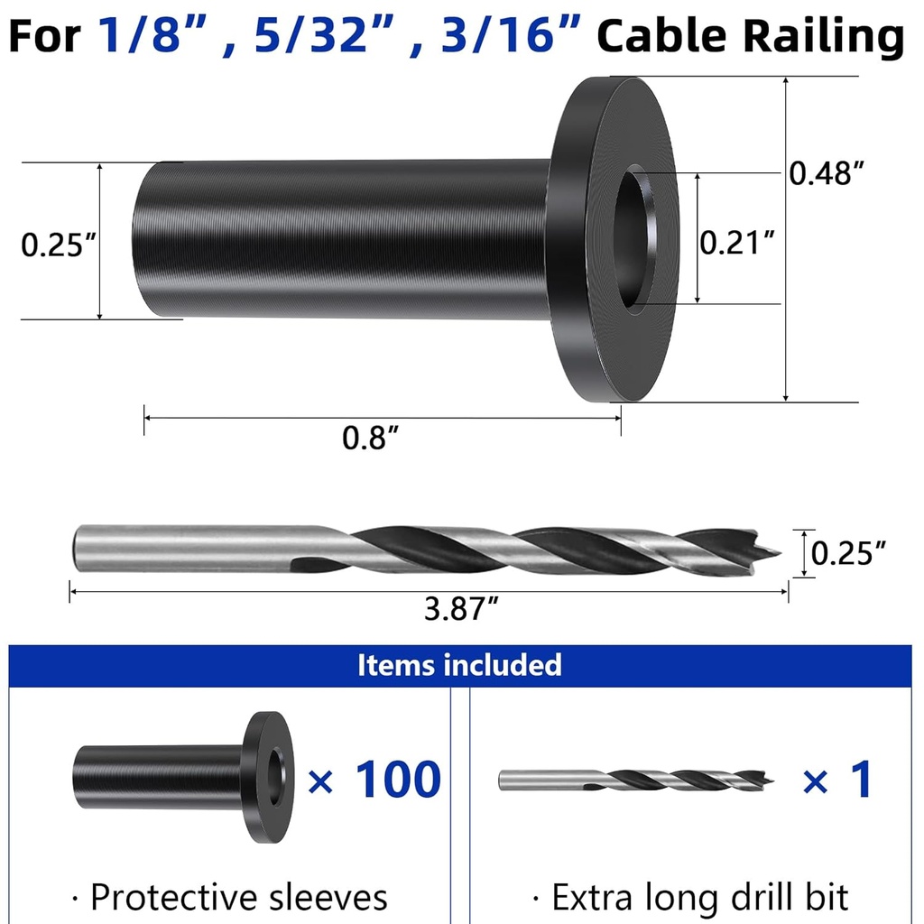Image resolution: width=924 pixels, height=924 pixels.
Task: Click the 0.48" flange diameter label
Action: (821, 173)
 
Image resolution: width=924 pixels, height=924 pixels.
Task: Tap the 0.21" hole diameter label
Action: (737, 242)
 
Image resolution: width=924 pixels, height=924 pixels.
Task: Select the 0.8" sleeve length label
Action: (370, 439)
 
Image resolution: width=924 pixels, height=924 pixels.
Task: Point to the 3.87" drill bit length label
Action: (461, 610)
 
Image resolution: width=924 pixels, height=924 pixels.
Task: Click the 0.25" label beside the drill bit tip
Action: (847, 553)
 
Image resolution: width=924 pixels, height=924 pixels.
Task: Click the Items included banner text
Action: (459, 665)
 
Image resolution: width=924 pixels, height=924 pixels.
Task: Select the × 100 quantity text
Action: (374, 780)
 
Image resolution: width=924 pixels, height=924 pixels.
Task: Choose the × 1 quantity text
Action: (837, 780)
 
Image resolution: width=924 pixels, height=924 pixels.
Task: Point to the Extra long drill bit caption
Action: (690, 897)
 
